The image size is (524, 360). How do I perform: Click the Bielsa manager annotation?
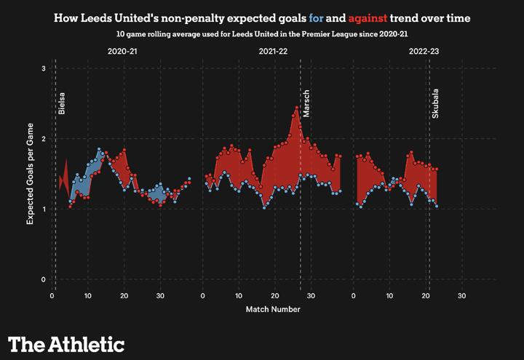tap(62, 103)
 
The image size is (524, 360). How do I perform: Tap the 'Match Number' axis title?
tap(273, 309)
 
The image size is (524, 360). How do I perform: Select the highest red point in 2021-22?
tap(297, 108)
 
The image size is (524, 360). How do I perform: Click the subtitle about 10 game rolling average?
tap(273, 34)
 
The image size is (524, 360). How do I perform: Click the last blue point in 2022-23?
tap(437, 207)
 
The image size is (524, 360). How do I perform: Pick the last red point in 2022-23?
tap(437, 169)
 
